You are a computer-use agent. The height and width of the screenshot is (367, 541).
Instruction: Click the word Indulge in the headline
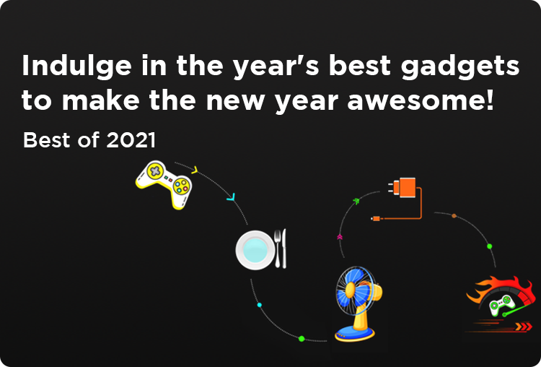[x=76, y=66]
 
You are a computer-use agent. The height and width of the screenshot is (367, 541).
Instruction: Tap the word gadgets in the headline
[x=460, y=66]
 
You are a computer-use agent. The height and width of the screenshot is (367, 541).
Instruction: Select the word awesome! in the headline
[x=421, y=100]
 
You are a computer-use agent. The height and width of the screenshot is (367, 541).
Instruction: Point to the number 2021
[x=131, y=140]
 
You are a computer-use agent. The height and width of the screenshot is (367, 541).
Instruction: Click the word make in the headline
[x=101, y=100]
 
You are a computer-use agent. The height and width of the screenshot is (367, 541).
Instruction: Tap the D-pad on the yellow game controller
[x=156, y=170]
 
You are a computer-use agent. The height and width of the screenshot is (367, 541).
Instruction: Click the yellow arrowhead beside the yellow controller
[x=195, y=170]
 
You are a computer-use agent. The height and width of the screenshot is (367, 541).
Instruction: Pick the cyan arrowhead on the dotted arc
[x=231, y=198]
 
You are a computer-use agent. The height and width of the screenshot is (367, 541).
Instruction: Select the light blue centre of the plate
[x=255, y=250]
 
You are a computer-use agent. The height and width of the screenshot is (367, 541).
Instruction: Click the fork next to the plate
[x=278, y=249]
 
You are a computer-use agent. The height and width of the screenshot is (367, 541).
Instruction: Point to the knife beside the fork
[x=284, y=249]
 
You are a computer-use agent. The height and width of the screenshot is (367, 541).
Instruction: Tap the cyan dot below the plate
[x=260, y=305]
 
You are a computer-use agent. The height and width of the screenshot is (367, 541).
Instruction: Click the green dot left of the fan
[x=302, y=339]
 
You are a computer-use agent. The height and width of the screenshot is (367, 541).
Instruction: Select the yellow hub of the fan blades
[x=351, y=290]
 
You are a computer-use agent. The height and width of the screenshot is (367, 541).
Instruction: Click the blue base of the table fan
[x=355, y=334]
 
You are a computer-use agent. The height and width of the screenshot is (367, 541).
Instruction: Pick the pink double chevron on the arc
[x=340, y=237]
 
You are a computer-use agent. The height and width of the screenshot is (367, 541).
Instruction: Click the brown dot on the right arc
[x=454, y=216]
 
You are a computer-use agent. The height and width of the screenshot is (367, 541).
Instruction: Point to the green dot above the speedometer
[x=489, y=246]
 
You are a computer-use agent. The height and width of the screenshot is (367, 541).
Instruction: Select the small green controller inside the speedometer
[x=501, y=305]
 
